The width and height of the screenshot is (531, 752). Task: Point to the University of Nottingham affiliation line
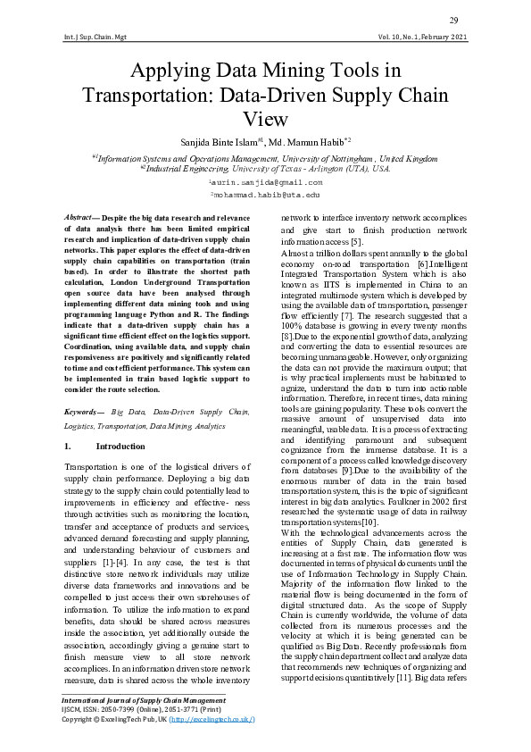(x=266, y=156)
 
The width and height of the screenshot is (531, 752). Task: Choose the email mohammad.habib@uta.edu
(x=266, y=194)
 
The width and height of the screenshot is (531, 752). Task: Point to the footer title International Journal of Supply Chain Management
(x=143, y=701)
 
